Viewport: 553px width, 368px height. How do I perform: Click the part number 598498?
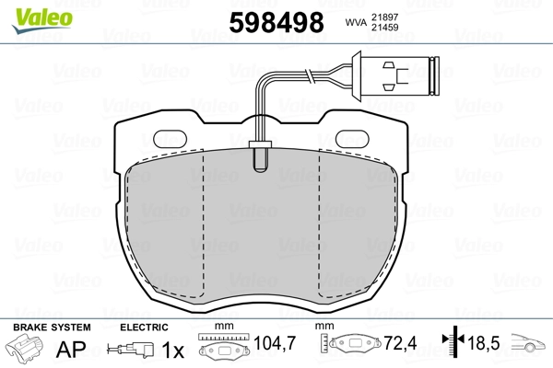(276, 22)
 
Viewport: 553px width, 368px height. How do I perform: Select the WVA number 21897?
(384, 17)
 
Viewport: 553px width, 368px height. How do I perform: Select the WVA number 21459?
(384, 27)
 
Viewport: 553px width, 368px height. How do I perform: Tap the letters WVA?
(356, 22)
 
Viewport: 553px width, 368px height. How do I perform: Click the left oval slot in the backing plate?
(171, 140)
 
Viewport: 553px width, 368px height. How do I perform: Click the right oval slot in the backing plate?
(352, 140)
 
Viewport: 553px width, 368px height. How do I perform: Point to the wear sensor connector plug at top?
(396, 76)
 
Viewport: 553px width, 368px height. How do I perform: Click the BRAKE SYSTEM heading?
(52, 328)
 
